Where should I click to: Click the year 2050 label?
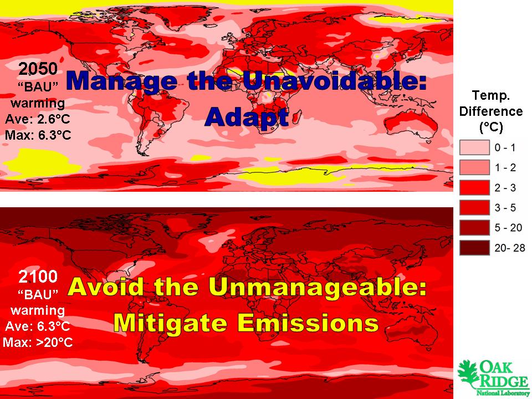tap(38, 69)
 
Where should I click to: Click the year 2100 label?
tap(38, 277)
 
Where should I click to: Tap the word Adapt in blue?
tap(247, 117)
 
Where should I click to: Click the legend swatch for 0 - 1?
tap(474, 147)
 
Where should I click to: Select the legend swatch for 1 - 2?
tap(474, 167)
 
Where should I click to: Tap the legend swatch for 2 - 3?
tap(474, 187)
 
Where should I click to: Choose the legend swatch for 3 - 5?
tap(474, 207)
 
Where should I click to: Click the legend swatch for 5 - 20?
tap(474, 227)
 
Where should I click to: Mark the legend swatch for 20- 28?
tap(474, 247)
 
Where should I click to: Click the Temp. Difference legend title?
tap(491, 111)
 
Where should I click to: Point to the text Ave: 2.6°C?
tap(37, 119)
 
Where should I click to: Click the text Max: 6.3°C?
tap(38, 135)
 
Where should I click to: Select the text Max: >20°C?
tap(38, 342)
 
